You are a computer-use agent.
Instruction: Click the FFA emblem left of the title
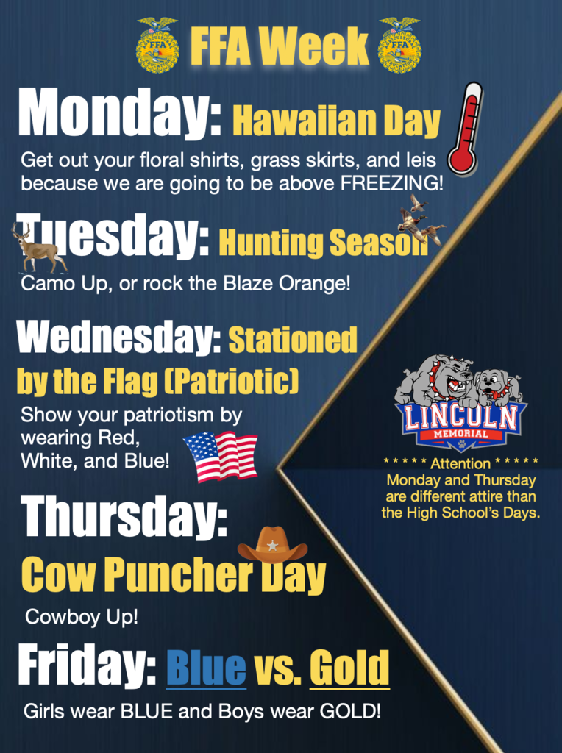[157, 46]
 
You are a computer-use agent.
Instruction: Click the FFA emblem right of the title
[399, 46]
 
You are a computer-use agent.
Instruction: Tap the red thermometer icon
[466, 128]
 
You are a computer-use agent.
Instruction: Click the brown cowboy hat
[272, 544]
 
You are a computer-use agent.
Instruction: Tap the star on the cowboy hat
[272, 546]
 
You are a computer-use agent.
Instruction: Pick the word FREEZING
[391, 183]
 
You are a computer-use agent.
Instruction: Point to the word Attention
[460, 463]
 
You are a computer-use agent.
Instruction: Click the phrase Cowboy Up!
[81, 617]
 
